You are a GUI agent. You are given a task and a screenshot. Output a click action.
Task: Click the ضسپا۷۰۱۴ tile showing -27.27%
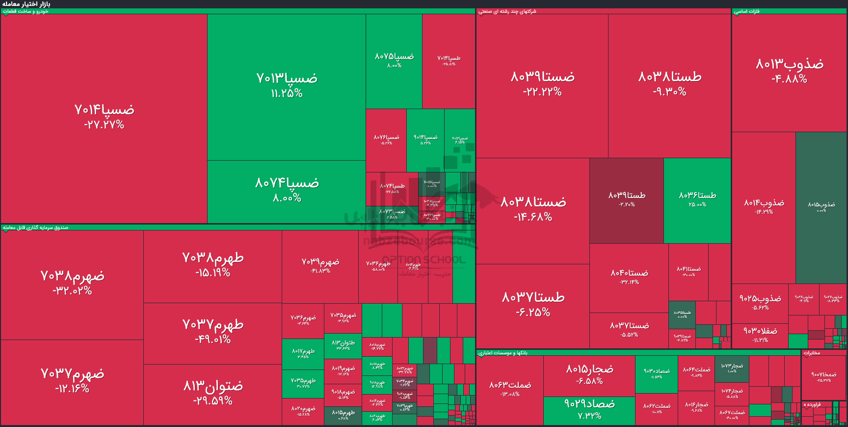click(104, 116)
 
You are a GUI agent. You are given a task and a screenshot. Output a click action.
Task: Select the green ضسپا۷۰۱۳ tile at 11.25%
click(287, 85)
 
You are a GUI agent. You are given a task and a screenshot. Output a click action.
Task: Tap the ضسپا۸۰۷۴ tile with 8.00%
click(287, 190)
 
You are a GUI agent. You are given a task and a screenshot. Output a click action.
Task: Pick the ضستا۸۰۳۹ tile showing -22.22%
click(542, 84)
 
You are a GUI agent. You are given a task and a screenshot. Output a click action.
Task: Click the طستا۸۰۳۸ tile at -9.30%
click(669, 84)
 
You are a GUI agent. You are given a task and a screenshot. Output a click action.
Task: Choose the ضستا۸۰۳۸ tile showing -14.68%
click(533, 209)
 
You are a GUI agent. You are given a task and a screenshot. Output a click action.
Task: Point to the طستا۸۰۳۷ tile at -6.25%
click(533, 304)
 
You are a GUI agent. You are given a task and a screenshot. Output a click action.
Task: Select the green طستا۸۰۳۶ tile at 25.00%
click(697, 199)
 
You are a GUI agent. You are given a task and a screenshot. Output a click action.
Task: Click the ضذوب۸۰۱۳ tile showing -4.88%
click(789, 71)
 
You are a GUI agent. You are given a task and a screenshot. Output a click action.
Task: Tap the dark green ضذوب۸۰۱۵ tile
click(821, 206)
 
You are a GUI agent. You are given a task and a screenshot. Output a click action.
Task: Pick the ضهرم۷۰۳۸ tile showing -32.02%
click(72, 283)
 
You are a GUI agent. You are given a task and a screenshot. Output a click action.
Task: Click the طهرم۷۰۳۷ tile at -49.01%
click(212, 331)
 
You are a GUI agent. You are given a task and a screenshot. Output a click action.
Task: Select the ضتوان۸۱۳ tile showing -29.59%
click(212, 393)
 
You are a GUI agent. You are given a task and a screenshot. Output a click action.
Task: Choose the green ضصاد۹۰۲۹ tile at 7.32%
click(589, 409)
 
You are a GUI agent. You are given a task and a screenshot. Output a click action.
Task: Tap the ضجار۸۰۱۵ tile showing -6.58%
click(589, 374)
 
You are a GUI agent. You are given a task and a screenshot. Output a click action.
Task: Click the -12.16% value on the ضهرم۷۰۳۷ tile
click(72, 389)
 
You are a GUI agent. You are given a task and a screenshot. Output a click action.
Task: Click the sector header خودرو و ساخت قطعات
click(26, 11)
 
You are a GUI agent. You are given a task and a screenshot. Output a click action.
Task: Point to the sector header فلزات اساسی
click(747, 11)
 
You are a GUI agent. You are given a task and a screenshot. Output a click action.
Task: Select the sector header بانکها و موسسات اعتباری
click(503, 353)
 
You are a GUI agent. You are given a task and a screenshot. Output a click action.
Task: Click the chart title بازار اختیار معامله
click(26, 4)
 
